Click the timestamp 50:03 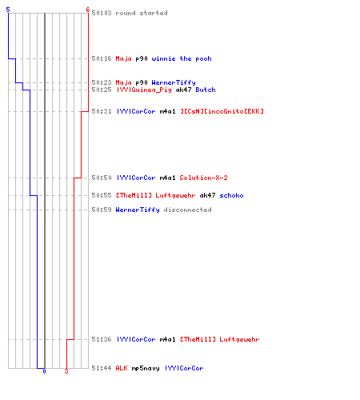pos(102,13)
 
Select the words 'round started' pos(142,13)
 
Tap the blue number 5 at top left pos(8,10)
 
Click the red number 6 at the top pos(88,10)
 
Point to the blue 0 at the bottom pos(44,371)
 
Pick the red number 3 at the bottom pos(66,371)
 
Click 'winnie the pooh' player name pos(182,58)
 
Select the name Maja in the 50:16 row pos(123,58)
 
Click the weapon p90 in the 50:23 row pos(142,82)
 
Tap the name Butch pos(206,90)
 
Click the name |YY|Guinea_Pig pos(144,90)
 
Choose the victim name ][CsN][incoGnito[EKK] pos(222,111)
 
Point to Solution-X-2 pos(203,178)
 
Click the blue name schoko pos(231,195)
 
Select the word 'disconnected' pos(187,210)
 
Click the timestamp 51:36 pos(102,339)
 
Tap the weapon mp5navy pos(146,368)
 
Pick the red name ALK pos(122,368)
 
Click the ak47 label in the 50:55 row pos(207,195)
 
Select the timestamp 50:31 pos(102,111)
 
